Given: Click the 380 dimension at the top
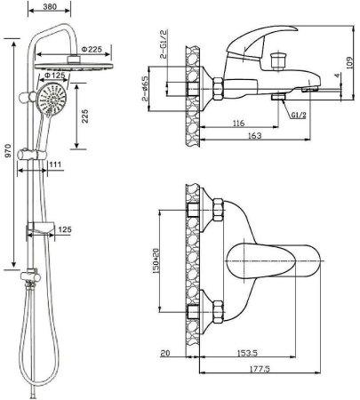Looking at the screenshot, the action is pyautogui.click(x=50, y=6).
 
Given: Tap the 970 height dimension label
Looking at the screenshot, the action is pyautogui.click(x=8, y=150).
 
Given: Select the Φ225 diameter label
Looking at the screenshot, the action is pyautogui.click(x=92, y=49).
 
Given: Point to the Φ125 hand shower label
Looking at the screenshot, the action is pyautogui.click(x=54, y=76).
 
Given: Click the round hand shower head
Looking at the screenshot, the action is pyautogui.click(x=52, y=100).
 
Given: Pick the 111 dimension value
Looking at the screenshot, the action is pyautogui.click(x=55, y=164).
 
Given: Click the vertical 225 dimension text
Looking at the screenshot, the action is pyautogui.click(x=85, y=116).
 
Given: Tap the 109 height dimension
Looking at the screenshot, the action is pyautogui.click(x=350, y=63).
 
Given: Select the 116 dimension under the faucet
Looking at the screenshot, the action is pyautogui.click(x=239, y=123).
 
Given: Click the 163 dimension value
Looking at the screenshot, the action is pyautogui.click(x=255, y=135).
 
